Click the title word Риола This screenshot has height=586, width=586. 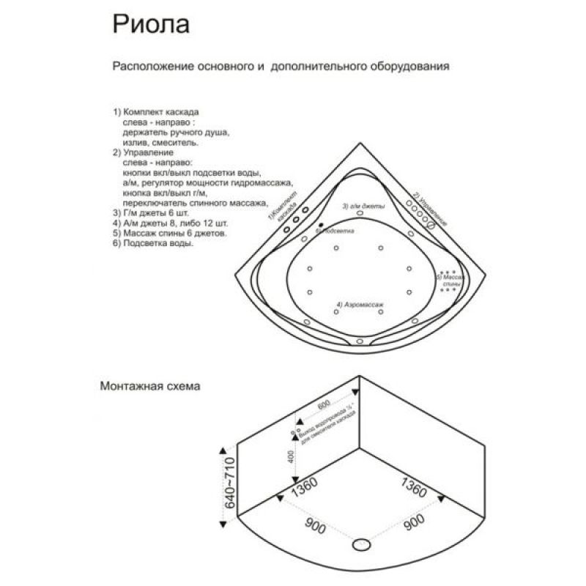tap(151, 24)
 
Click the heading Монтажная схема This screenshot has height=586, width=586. tap(151, 385)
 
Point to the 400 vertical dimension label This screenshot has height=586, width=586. tap(292, 458)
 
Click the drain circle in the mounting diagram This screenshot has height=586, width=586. tap(362, 544)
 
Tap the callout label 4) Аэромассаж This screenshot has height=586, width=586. tap(360, 303)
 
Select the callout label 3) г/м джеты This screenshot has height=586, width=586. tap(363, 207)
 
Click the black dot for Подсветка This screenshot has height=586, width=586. tap(321, 224)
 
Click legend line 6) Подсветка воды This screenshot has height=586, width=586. tap(153, 244)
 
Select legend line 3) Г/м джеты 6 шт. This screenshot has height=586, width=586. tap(157, 213)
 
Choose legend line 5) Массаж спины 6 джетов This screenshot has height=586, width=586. tap(169, 234)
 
